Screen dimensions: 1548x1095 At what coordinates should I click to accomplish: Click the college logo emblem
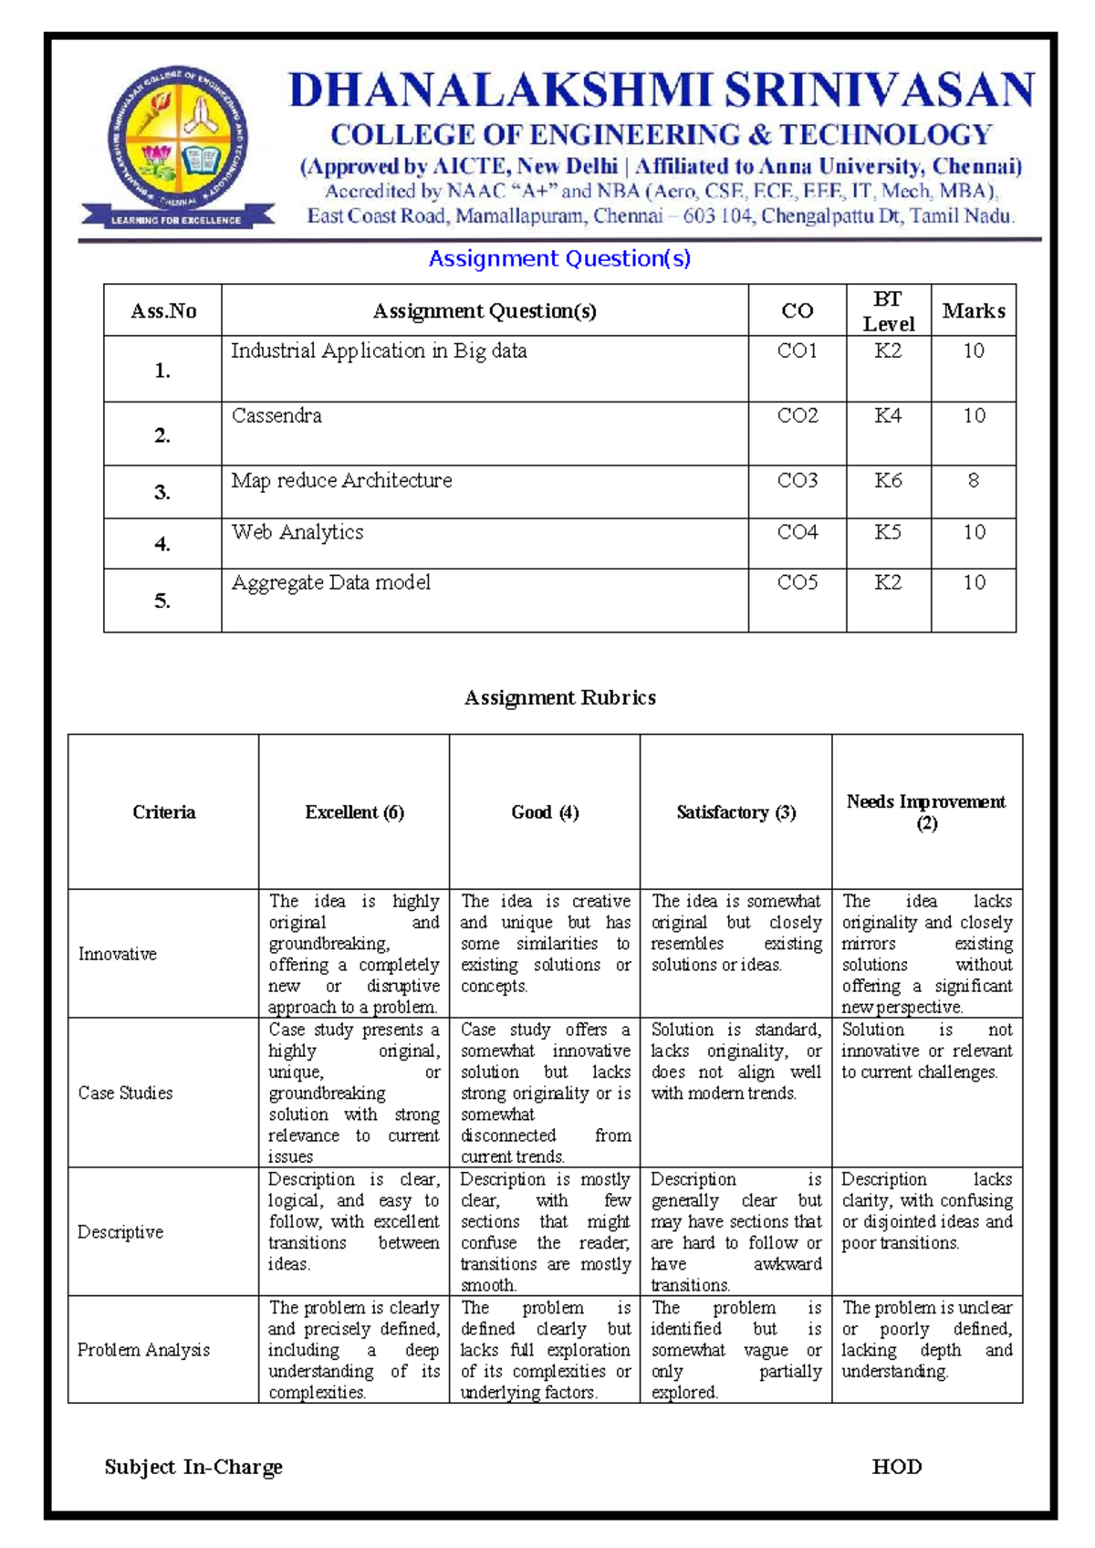(x=178, y=144)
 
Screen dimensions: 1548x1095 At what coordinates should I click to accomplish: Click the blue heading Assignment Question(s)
(x=559, y=259)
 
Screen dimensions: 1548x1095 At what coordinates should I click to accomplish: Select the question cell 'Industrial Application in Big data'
(x=379, y=351)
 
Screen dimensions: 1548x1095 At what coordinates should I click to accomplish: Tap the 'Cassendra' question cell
(x=276, y=416)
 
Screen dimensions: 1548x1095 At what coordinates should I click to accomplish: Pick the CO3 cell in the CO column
(x=797, y=481)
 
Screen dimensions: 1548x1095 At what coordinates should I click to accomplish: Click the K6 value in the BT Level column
(x=888, y=481)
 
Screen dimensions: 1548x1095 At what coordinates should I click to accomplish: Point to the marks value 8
(x=973, y=481)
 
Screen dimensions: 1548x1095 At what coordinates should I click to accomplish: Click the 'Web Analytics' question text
(x=297, y=532)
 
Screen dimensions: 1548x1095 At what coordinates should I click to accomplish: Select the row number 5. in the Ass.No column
(x=162, y=601)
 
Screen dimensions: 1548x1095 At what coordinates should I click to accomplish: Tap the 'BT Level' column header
(x=888, y=311)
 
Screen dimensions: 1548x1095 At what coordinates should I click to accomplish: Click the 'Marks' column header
(x=973, y=311)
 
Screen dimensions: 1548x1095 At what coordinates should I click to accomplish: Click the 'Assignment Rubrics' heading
(x=559, y=698)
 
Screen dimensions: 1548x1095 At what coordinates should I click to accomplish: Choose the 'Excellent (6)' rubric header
(x=354, y=812)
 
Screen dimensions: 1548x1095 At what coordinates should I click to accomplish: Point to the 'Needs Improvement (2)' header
(x=926, y=812)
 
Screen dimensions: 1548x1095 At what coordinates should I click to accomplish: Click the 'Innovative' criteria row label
(x=118, y=954)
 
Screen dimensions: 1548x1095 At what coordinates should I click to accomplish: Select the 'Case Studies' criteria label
(x=125, y=1093)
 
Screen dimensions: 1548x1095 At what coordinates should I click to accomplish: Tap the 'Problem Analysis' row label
(x=143, y=1350)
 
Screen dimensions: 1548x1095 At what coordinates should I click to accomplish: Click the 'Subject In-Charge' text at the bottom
(x=193, y=1467)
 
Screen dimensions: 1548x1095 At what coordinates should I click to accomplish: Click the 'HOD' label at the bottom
(x=896, y=1467)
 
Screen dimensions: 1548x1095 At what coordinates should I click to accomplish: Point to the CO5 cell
(x=797, y=582)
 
